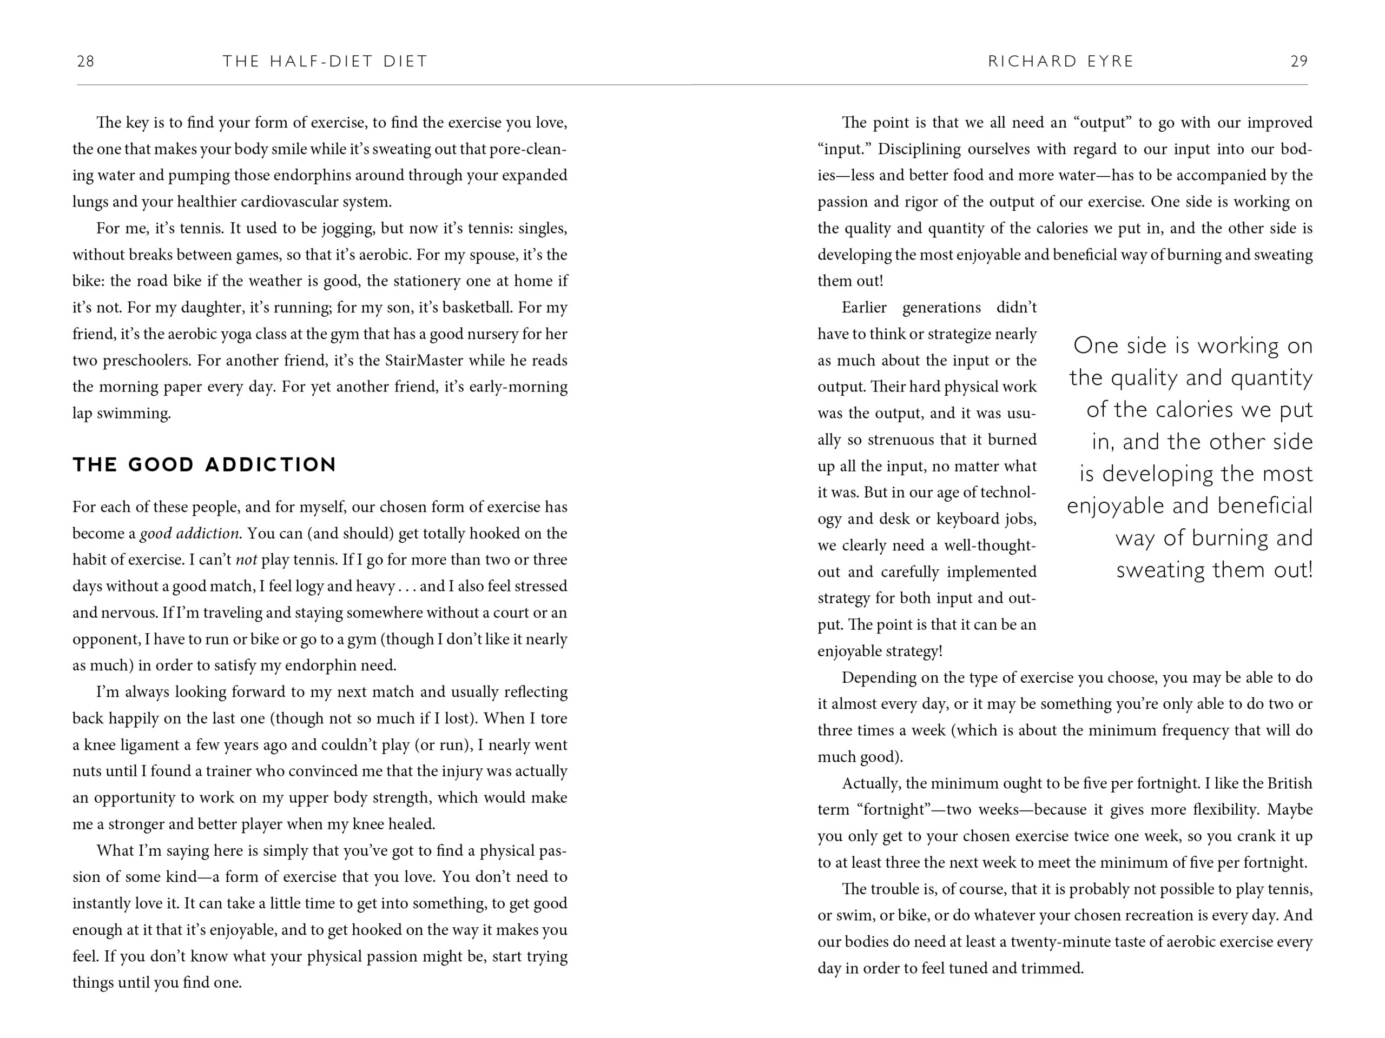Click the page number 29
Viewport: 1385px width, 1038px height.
tap(1299, 61)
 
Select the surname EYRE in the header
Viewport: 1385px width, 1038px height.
tap(1107, 61)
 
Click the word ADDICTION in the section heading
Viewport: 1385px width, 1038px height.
tap(271, 465)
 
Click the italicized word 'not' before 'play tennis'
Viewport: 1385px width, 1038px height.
tap(246, 560)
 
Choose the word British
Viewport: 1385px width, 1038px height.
tap(1289, 783)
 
